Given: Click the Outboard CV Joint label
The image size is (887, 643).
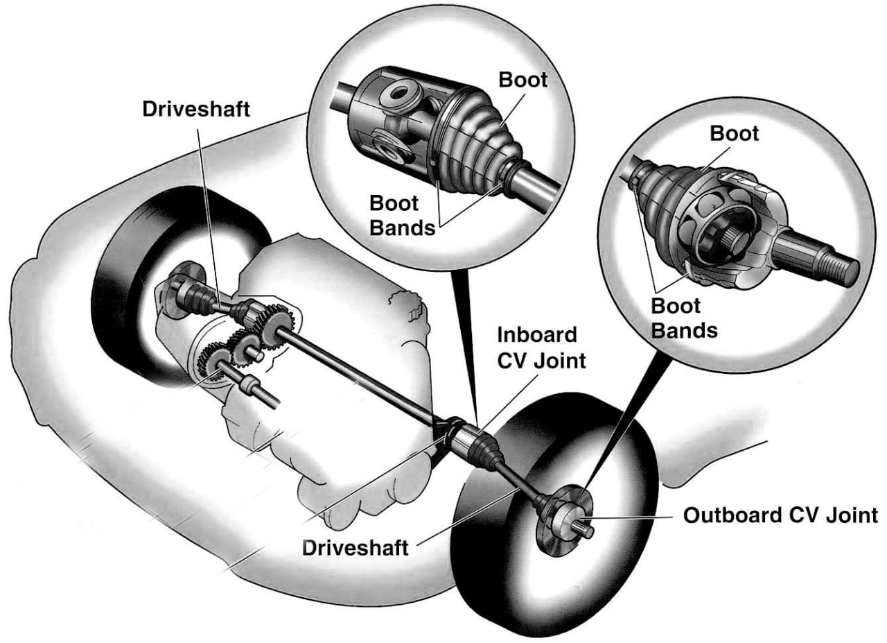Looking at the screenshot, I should pyautogui.click(x=780, y=516).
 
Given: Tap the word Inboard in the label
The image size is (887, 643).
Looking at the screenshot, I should pyautogui.click(x=537, y=334).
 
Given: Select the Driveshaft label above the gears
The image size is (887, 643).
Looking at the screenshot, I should pyautogui.click(x=195, y=110).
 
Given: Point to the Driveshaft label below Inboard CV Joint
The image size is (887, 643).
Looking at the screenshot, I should pyautogui.click(x=355, y=547).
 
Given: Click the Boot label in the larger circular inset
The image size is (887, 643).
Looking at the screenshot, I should pyautogui.click(x=522, y=80).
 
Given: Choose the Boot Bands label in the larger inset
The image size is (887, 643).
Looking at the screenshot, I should pyautogui.click(x=402, y=215).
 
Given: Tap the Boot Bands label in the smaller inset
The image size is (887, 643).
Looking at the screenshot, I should pyautogui.click(x=683, y=318).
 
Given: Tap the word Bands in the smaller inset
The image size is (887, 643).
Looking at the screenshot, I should pyautogui.click(x=683, y=329).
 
